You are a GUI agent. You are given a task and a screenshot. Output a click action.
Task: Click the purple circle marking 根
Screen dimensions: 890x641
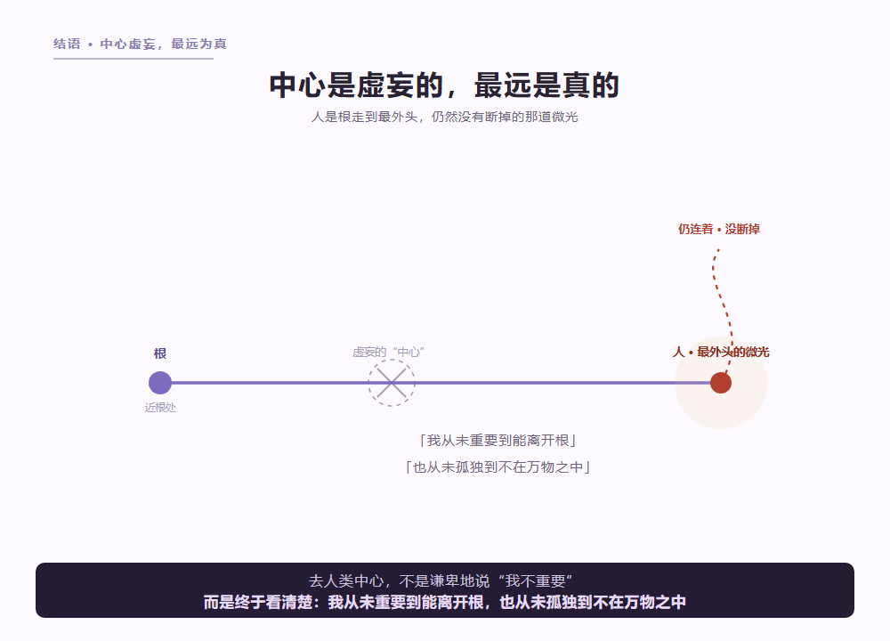[x=160, y=383]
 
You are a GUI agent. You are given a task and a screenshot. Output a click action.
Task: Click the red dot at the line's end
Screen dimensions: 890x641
[x=721, y=383]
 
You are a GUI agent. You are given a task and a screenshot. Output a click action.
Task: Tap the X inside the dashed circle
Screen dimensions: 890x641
[x=392, y=383]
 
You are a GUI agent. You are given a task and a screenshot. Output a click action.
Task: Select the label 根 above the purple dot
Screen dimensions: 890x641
[x=160, y=353]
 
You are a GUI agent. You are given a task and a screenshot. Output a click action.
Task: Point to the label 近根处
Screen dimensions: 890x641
[x=160, y=408]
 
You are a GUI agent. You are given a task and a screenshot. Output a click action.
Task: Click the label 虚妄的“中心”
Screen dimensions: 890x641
[x=389, y=352]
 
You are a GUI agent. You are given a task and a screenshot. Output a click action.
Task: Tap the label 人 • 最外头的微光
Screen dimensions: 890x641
[x=721, y=352]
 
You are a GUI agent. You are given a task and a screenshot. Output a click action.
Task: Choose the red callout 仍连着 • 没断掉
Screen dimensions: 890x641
[x=719, y=230]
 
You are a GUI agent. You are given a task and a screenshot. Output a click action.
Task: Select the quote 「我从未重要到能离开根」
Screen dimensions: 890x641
[x=498, y=441]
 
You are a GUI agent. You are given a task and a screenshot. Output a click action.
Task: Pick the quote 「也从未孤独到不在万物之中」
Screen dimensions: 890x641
[x=498, y=467]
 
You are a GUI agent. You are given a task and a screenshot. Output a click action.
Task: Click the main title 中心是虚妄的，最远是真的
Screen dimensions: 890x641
[x=444, y=85]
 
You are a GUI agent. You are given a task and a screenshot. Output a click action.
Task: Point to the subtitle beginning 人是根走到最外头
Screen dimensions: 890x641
[x=444, y=117]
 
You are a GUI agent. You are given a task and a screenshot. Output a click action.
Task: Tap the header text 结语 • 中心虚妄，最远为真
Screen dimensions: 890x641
[x=141, y=44]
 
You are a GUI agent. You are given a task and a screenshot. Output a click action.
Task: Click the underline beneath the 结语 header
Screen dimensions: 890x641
[x=133, y=58]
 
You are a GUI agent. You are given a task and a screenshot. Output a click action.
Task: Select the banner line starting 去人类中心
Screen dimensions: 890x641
[x=441, y=580]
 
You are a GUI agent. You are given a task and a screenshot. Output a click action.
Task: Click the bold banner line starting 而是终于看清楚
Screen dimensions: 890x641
[x=445, y=602]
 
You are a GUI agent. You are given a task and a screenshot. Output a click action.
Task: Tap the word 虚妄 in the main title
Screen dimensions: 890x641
[x=386, y=85]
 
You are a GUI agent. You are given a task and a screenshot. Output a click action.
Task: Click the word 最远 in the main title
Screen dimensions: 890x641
[x=504, y=85]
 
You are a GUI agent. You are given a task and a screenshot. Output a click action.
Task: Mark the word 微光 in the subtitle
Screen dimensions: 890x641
[x=565, y=117]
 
